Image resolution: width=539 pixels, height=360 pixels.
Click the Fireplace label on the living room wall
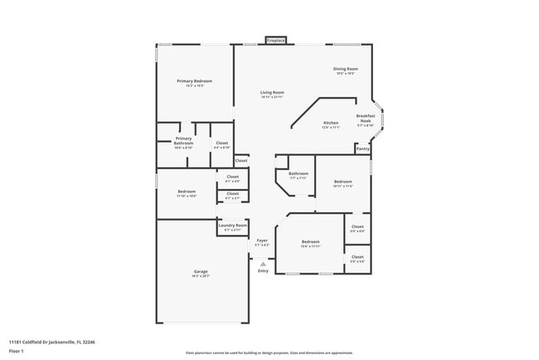tap(276, 40)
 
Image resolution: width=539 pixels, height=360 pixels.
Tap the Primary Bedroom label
tap(194, 80)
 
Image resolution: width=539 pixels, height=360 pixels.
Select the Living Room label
tap(272, 92)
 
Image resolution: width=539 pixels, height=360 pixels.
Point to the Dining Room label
tap(346, 69)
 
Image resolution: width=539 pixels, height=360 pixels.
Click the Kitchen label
tap(330, 123)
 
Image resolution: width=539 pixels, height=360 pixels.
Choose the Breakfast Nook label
tap(366, 118)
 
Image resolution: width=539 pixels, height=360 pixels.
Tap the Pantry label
tap(362, 148)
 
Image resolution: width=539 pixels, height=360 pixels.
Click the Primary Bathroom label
tap(183, 141)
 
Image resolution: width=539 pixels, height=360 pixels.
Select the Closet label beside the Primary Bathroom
tap(221, 143)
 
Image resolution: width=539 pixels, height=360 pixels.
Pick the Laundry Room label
tap(232, 226)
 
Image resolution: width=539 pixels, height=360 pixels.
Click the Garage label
tap(201, 271)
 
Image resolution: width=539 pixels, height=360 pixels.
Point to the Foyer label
tap(261, 241)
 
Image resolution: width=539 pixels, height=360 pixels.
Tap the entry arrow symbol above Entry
tap(263, 264)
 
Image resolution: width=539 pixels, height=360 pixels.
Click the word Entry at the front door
tap(263, 271)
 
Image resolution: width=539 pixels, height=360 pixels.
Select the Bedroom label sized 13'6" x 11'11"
tap(309, 242)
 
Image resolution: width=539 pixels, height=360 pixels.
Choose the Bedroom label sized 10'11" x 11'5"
tap(343, 182)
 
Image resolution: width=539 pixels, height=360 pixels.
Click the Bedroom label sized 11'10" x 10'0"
tap(187, 192)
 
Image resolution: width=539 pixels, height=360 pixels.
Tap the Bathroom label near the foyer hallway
tap(299, 173)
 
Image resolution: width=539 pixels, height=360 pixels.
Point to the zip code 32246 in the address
tap(88, 342)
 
